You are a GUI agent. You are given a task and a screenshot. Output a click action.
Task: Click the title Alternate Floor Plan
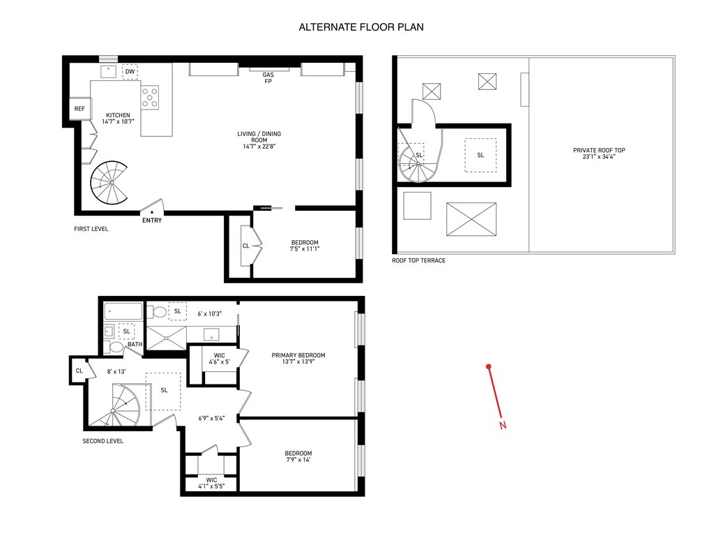click(x=361, y=27)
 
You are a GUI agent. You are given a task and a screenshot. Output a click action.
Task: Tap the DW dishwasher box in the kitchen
click(x=130, y=72)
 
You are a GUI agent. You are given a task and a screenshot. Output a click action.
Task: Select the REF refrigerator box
click(x=79, y=109)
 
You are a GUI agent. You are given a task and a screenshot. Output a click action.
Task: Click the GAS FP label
click(x=268, y=78)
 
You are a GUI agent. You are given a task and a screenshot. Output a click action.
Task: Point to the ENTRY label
click(x=152, y=221)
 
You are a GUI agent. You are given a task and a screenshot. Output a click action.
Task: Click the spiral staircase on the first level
click(x=110, y=183)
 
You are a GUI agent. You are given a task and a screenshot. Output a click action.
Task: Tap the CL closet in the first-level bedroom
click(x=246, y=246)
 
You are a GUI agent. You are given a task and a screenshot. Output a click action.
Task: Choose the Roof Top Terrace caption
click(x=418, y=260)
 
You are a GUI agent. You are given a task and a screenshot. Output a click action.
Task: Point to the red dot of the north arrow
click(x=489, y=366)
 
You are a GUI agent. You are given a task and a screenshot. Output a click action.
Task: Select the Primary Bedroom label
click(x=298, y=359)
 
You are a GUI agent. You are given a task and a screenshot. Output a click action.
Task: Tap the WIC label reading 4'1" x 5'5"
click(x=211, y=483)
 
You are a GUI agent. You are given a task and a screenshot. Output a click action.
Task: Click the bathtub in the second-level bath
click(x=123, y=311)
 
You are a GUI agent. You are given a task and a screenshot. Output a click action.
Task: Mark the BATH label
click(x=135, y=344)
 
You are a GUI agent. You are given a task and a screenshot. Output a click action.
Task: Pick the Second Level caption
click(x=103, y=441)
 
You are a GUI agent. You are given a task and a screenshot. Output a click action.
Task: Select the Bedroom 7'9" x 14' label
click(x=298, y=456)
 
